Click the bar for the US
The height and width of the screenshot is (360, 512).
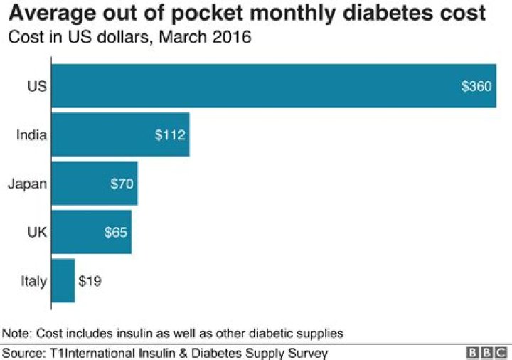(274, 86)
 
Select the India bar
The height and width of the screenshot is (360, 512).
(120, 134)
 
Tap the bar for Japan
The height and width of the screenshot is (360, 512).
(95, 184)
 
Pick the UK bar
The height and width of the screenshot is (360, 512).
(91, 232)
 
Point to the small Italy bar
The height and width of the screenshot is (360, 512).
(63, 280)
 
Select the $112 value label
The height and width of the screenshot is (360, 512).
(169, 135)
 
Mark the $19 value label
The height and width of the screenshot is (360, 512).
(90, 281)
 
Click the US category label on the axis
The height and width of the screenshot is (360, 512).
(37, 87)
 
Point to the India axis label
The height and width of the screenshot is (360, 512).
(31, 135)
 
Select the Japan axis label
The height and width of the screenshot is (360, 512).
(27, 184)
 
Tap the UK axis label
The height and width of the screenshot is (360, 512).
(37, 232)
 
